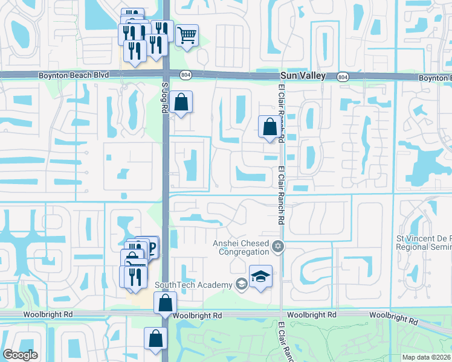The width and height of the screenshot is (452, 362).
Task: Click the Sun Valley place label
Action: [303, 76]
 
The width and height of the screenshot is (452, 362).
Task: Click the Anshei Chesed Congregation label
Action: [240, 247]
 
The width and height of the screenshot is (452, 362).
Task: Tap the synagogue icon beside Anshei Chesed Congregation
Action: [278, 246]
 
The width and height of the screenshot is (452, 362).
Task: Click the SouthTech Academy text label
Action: [193, 285]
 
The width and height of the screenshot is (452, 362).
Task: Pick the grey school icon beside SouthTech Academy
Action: [241, 284]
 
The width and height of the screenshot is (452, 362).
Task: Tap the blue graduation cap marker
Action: [260, 276]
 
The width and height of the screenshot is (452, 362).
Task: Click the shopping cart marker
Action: [187, 35]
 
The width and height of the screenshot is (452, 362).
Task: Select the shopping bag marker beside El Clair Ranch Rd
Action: [269, 127]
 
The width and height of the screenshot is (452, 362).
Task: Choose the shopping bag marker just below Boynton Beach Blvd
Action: [181, 102]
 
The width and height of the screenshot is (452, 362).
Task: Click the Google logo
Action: [20, 355]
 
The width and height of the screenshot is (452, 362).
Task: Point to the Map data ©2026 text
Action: [427, 357]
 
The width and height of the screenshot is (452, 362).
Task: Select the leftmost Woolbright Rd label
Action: [48, 314]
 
